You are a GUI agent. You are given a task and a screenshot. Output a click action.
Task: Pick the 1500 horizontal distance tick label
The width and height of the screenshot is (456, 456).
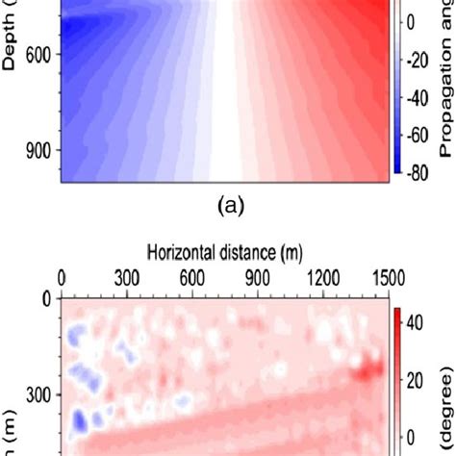click(x=386, y=278)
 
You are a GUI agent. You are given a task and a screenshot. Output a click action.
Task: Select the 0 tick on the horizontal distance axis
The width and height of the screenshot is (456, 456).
click(x=62, y=278)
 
